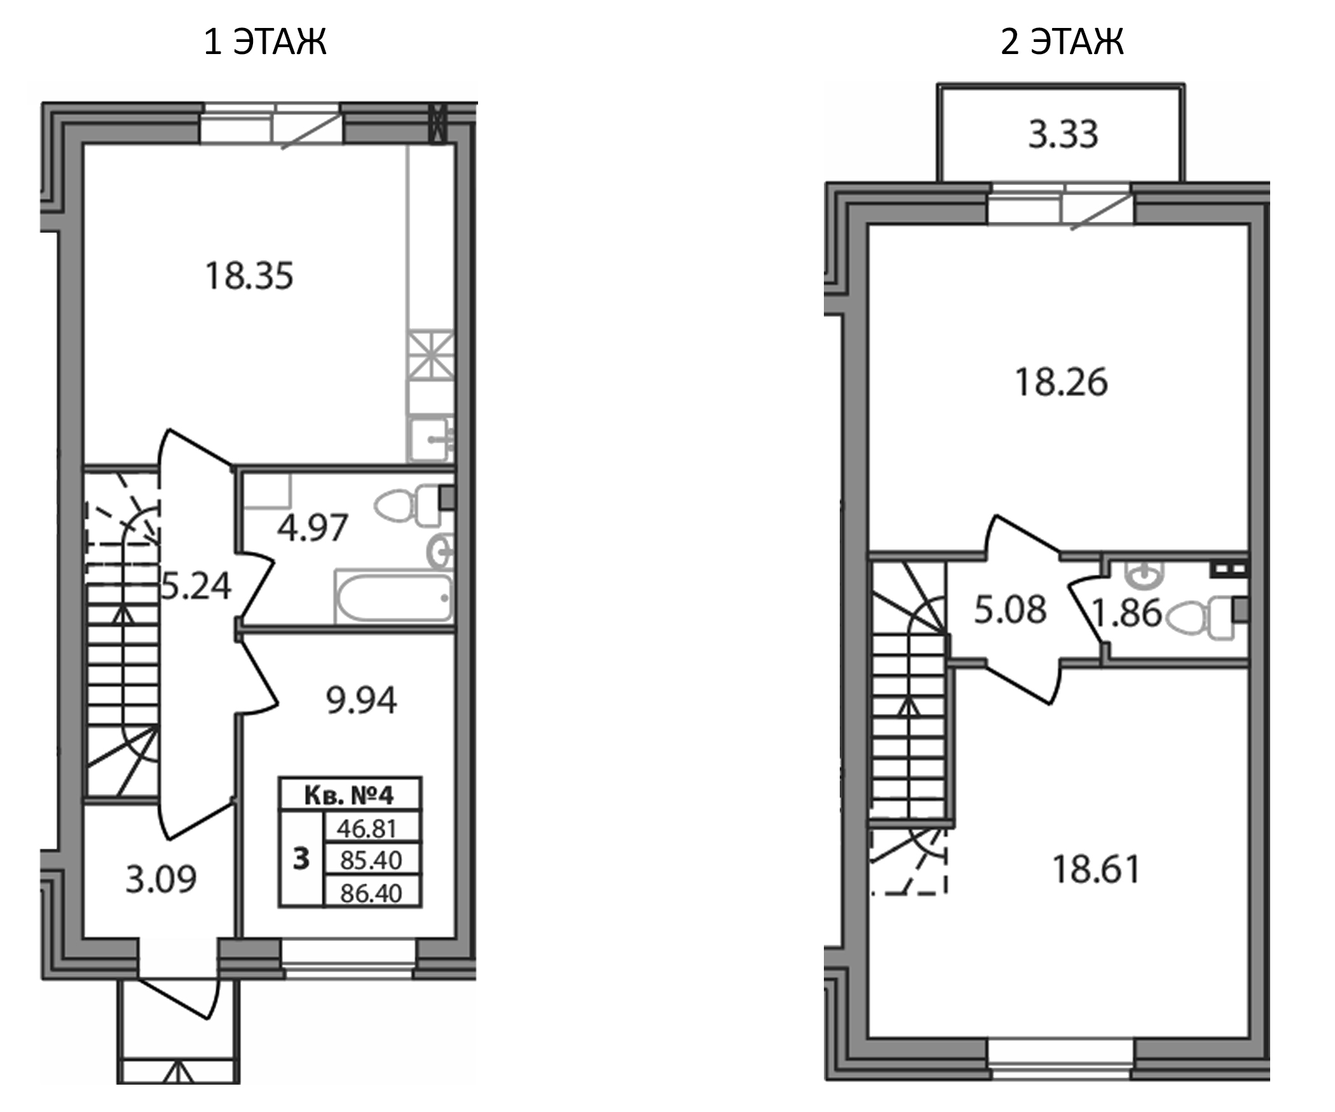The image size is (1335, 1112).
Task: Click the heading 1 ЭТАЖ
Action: point(264,42)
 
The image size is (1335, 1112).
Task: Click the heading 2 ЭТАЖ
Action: point(1062,42)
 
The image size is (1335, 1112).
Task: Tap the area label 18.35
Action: point(249,277)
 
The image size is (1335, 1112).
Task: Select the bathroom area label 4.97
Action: point(312,528)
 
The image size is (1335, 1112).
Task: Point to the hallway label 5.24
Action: point(196,586)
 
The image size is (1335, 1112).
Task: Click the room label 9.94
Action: point(361,701)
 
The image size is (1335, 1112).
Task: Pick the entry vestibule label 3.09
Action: point(161,880)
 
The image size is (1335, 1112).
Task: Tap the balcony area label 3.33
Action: point(1063,135)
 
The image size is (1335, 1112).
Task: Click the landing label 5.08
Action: point(1010,610)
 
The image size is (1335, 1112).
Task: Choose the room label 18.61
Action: point(1097,870)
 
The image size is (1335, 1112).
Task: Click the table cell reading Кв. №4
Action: point(350,795)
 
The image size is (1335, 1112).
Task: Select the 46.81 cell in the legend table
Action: point(372,828)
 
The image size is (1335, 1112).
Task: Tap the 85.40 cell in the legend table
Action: point(372,860)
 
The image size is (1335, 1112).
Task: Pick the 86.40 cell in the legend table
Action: point(372,892)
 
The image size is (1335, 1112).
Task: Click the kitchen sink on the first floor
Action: point(430,439)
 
